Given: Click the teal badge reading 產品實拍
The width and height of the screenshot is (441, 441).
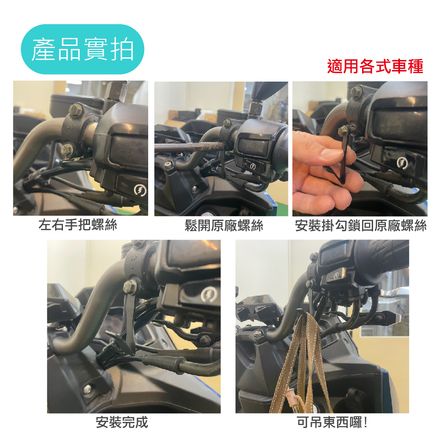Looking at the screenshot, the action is (x=82, y=49).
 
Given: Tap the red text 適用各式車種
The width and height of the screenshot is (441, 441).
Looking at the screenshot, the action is (x=375, y=67).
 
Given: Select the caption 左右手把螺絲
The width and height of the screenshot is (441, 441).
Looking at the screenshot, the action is (x=78, y=225).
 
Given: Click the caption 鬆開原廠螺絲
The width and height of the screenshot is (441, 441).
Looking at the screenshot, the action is (x=224, y=225).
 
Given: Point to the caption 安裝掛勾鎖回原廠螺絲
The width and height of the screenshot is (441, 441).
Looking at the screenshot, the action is (x=361, y=225).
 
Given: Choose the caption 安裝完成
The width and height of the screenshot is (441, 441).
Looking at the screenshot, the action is (x=122, y=422).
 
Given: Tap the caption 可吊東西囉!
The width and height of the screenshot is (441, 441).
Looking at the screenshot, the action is (x=332, y=422).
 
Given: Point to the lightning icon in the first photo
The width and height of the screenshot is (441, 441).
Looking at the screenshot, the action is (x=140, y=191).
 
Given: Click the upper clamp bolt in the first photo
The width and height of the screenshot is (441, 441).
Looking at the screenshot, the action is (x=75, y=109).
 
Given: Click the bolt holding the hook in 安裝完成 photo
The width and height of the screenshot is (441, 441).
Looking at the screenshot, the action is (x=129, y=286).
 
